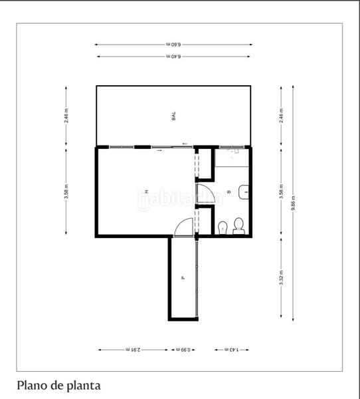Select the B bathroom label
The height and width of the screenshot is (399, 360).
click(229, 193)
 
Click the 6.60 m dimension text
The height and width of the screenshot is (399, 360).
click(173, 45)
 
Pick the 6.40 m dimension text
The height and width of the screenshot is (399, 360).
click(173, 57)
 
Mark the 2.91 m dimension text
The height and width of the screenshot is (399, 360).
click(133, 349)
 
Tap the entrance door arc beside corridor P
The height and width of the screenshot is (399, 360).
click(181, 228)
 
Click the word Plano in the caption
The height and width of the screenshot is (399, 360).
click(31, 384)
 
